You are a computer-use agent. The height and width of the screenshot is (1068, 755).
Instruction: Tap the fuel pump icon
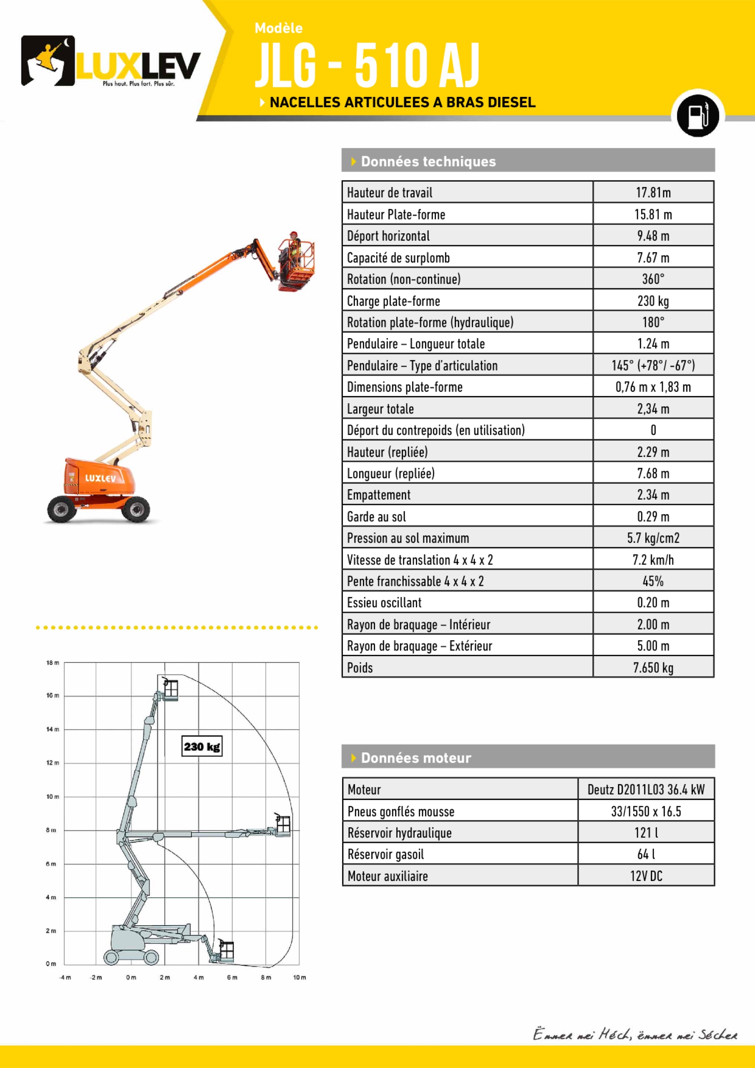coord(697,114)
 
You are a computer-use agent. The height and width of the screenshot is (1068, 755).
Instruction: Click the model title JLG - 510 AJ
coord(367,65)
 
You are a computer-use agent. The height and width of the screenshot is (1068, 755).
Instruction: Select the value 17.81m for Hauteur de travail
coord(653,192)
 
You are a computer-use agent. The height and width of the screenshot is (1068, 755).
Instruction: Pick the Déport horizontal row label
coord(388,236)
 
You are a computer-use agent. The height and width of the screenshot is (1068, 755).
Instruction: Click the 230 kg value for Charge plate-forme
coord(653,301)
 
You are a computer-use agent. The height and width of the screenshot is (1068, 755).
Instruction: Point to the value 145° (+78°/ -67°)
coord(653,366)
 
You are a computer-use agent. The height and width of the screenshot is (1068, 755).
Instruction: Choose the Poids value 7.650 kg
coord(653,667)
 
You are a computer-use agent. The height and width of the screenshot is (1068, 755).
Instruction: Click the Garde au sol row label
coord(377,517)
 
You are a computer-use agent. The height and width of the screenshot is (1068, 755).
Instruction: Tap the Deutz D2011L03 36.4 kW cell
coord(646,789)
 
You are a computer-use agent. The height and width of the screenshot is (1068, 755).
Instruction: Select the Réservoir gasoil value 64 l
coord(646,854)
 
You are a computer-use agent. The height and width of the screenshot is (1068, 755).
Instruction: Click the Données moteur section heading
coord(416,758)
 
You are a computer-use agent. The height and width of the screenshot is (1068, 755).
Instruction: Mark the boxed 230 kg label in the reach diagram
coord(202,747)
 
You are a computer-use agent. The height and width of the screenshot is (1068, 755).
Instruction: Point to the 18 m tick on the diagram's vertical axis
coord(53,663)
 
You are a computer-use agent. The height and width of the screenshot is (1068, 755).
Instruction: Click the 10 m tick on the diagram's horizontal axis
coord(299,977)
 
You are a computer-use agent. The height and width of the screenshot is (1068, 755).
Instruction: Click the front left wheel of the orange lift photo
coord(61,509)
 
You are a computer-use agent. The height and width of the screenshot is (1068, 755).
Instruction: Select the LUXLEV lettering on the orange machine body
coord(100,478)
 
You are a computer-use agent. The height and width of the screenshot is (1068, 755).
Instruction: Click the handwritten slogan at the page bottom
coord(635,1035)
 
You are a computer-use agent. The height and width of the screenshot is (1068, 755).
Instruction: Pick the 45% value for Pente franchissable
coord(653,581)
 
